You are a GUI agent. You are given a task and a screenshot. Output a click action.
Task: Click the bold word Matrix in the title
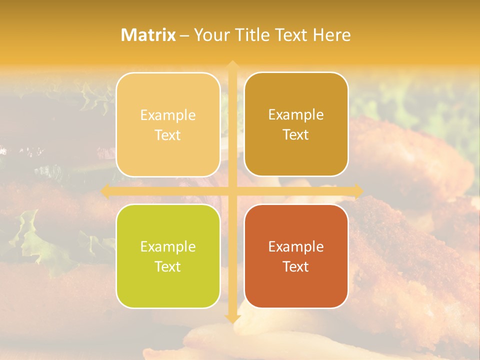point(148,35)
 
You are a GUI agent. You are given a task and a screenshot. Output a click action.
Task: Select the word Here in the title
point(332,35)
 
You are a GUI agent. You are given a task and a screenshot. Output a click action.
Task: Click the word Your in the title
point(211,35)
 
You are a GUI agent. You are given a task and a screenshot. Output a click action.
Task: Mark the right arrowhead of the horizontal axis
point(358,191)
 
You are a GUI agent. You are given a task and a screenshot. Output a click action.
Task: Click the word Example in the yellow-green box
point(168,246)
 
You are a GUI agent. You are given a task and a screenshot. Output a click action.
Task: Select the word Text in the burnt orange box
point(296,266)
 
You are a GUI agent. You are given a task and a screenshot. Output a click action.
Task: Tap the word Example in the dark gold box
point(296,114)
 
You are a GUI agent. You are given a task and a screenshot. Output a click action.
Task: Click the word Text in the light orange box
point(168,135)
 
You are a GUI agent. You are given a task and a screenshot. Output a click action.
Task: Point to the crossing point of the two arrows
point(232,191)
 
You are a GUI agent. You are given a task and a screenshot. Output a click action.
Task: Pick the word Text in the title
point(290,35)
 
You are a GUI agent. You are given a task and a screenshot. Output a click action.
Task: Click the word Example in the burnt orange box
point(296,246)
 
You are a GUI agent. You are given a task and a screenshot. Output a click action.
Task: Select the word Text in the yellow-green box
point(168,266)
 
